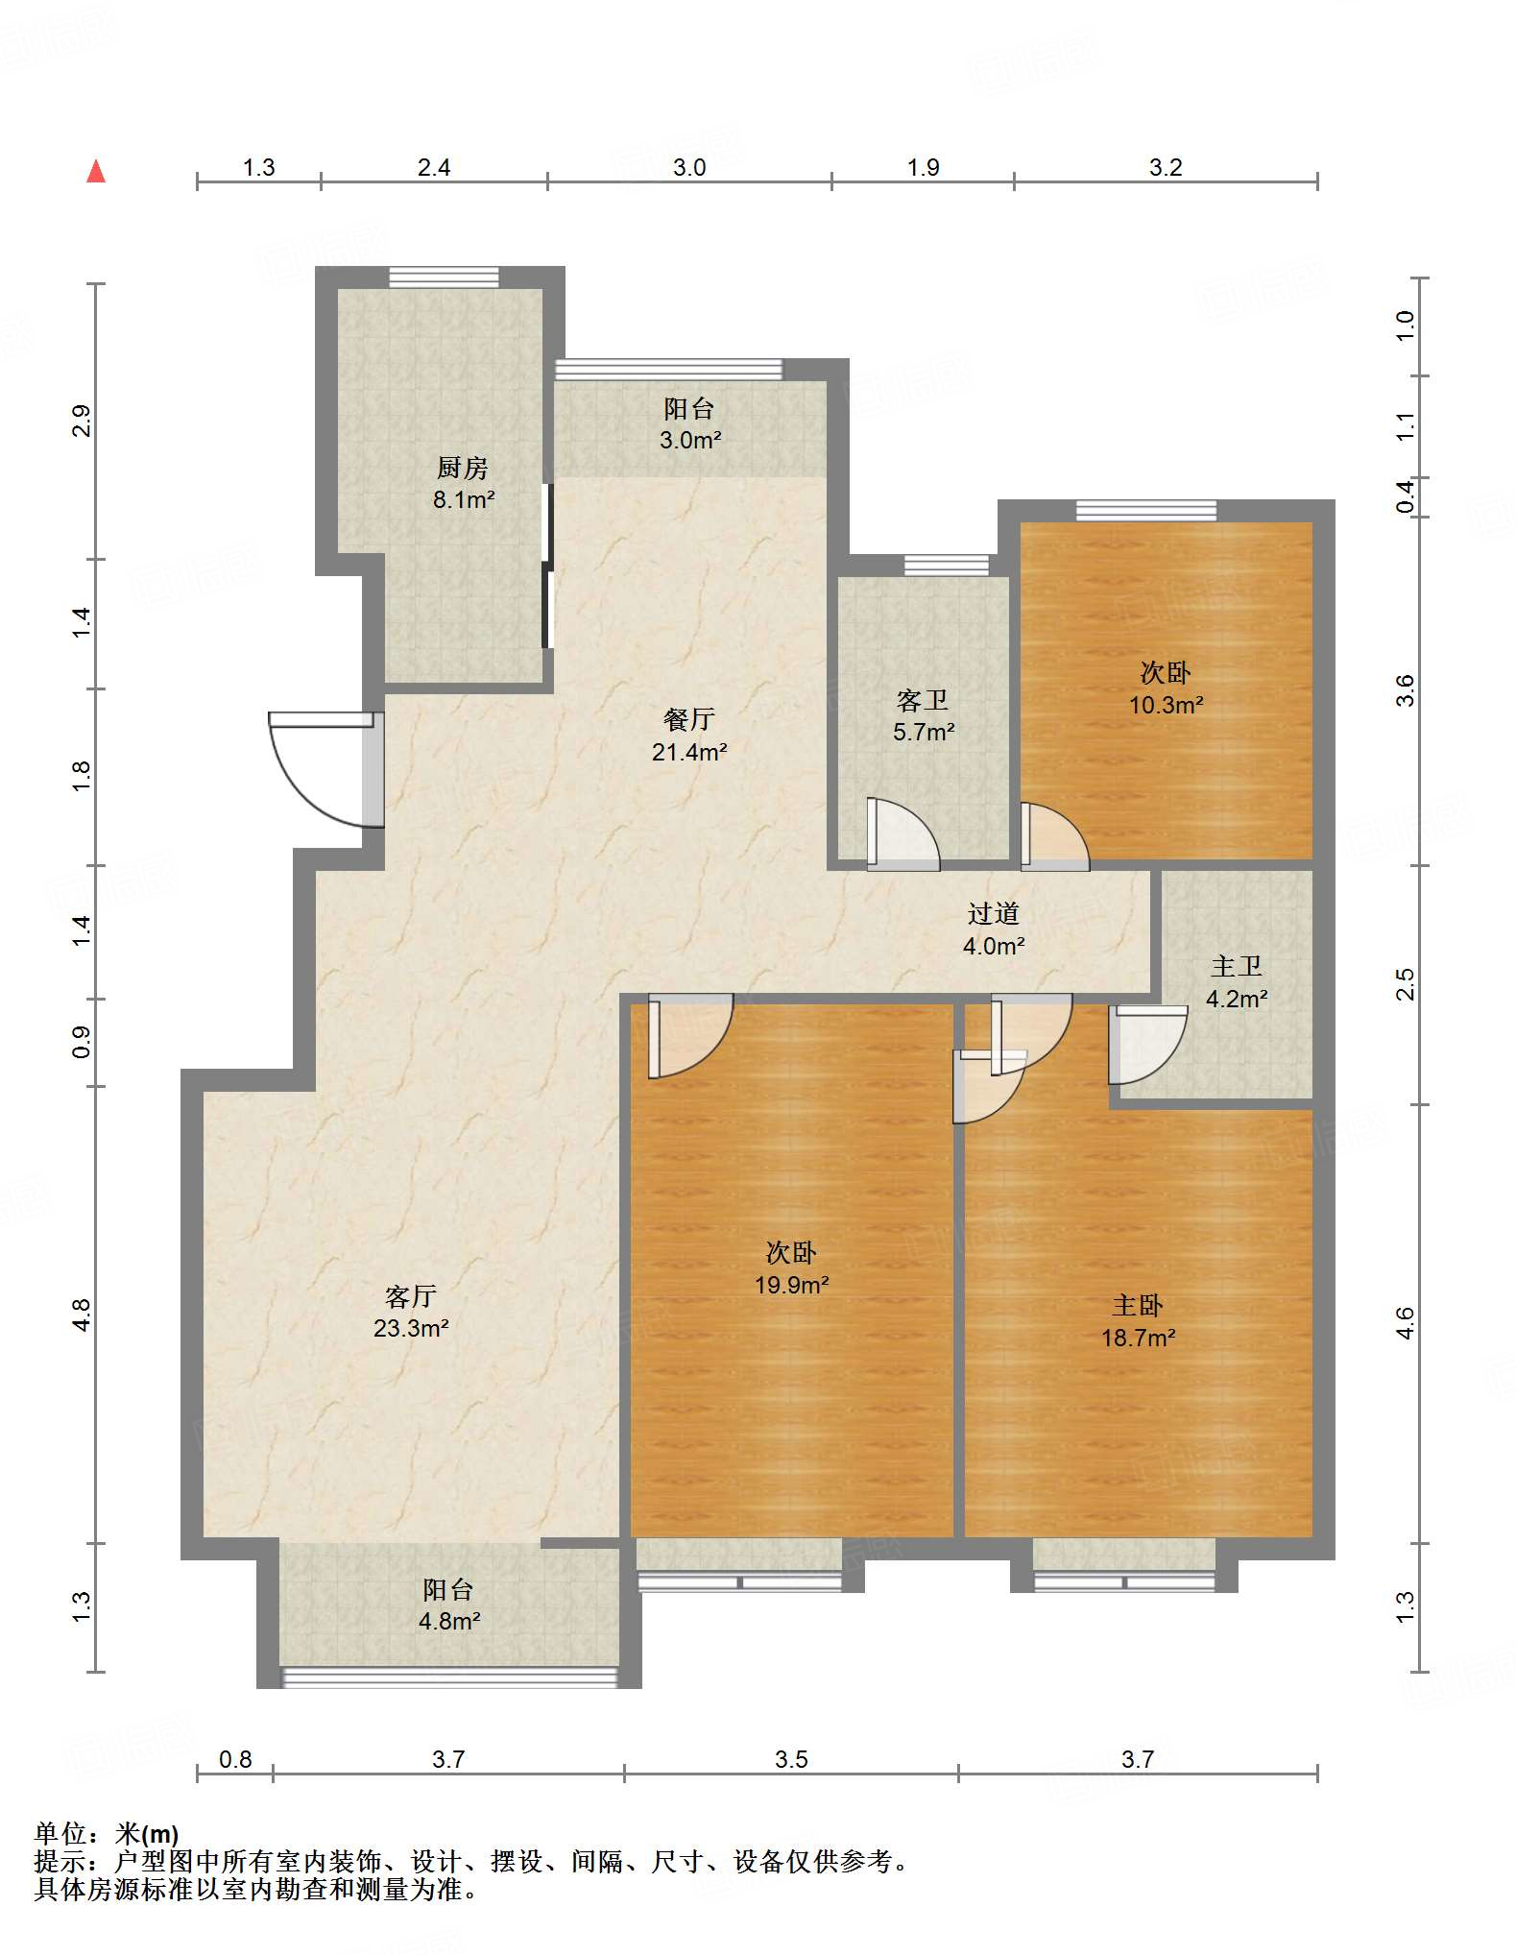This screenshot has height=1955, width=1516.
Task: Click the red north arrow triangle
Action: (x=96, y=171)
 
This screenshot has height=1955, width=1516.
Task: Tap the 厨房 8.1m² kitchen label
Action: (x=464, y=483)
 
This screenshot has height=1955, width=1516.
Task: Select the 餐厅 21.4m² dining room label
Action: (x=689, y=735)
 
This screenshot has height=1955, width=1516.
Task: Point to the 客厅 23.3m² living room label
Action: (x=411, y=1312)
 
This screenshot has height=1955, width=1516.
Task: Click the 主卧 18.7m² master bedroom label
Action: (x=1139, y=1321)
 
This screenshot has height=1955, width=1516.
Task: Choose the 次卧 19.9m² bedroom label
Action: (x=792, y=1268)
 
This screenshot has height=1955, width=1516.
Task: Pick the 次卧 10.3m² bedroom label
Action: (x=1167, y=688)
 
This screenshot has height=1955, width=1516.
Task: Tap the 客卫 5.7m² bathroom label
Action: (x=924, y=715)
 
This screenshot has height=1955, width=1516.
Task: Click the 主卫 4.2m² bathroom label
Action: (x=1237, y=982)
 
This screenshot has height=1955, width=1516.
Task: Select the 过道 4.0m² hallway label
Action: (x=994, y=929)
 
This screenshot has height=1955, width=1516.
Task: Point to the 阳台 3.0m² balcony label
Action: (x=690, y=424)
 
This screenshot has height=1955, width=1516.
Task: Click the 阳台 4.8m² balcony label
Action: (x=449, y=1605)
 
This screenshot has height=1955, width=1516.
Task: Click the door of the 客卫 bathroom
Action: (x=902, y=833)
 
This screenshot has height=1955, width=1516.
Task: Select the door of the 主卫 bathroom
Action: (x=1147, y=1045)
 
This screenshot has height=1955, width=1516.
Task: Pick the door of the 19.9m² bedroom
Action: (x=690, y=1035)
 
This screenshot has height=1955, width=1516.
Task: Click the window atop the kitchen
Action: (x=444, y=278)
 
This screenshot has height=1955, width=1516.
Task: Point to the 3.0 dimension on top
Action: (x=689, y=167)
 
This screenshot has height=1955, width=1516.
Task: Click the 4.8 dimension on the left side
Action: (x=82, y=1315)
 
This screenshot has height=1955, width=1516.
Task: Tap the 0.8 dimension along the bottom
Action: (x=235, y=1759)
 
